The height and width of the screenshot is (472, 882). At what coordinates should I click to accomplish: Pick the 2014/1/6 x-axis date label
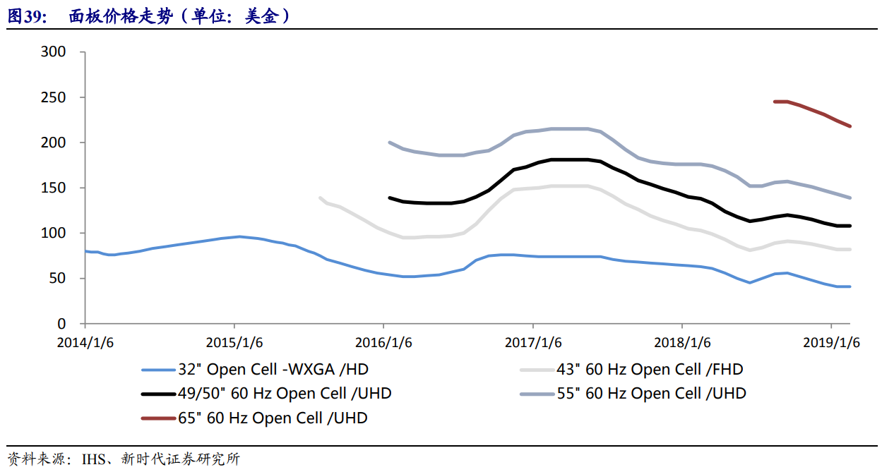[x=85, y=343]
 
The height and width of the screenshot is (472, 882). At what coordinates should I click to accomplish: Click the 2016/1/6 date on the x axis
[x=383, y=343]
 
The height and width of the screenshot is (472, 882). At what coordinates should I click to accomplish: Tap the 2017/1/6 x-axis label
[x=533, y=343]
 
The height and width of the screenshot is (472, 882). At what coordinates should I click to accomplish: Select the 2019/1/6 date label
[x=831, y=343]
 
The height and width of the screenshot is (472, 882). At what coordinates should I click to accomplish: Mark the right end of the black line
[x=850, y=226]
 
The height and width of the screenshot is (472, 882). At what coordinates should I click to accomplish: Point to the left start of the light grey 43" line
[x=321, y=198]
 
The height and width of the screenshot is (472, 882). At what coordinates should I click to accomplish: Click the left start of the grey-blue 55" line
[x=390, y=143]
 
